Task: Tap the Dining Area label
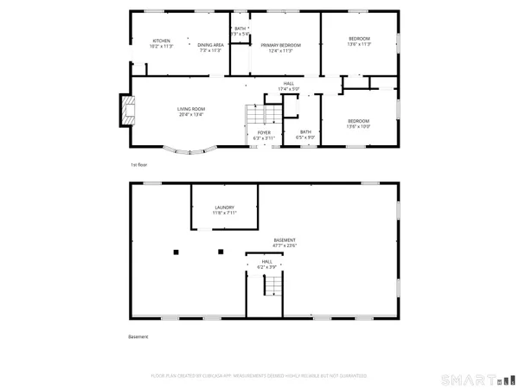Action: coord(210,48)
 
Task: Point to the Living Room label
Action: coord(190,112)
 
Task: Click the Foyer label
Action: coord(264,135)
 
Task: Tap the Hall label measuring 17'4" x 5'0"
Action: coord(288,86)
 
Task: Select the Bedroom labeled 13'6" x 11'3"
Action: coord(359,41)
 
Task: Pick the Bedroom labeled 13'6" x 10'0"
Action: coord(359,123)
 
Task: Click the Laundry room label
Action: coord(225,210)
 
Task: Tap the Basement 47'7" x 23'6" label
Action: coord(285,243)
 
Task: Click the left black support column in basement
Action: coord(176,252)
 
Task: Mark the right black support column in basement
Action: coord(221,252)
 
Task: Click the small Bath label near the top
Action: coord(240,31)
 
